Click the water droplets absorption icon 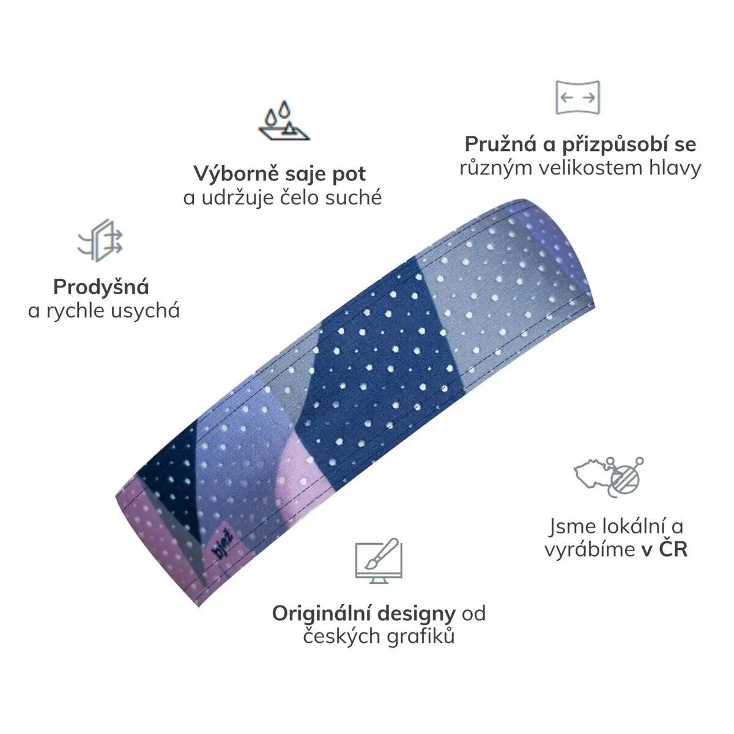click(284, 120)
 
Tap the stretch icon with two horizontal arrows click(577, 97)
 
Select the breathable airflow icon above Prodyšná click(100, 240)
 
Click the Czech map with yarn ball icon click(609, 477)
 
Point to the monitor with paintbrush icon click(379, 560)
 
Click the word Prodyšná click(101, 287)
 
